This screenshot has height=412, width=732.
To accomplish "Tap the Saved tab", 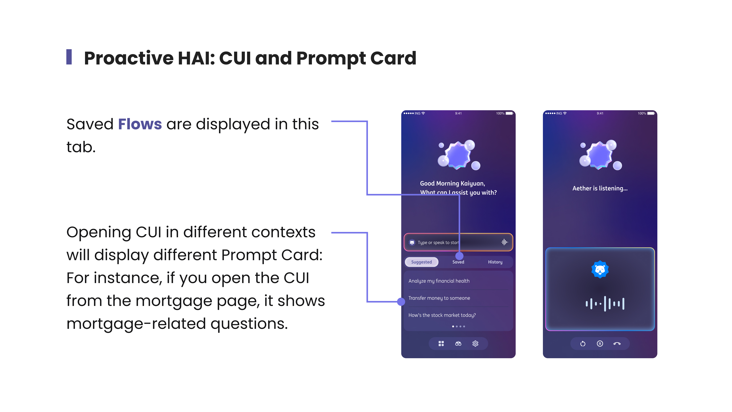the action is [458, 262].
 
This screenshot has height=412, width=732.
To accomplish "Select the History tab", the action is [495, 262].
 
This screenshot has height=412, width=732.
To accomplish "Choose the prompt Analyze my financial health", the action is [439, 281].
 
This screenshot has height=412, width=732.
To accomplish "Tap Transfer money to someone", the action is [439, 298].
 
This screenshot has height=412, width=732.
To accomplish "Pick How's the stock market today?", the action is [442, 315].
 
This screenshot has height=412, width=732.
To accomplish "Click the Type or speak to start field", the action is [458, 242].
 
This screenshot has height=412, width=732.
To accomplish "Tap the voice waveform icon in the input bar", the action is [504, 242].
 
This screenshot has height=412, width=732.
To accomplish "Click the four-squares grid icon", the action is [441, 344].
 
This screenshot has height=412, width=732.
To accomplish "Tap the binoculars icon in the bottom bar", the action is [458, 344].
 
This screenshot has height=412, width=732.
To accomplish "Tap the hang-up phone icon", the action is [617, 344].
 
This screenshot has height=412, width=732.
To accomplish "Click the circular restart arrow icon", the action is [583, 344].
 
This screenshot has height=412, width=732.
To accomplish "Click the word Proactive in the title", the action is [129, 58].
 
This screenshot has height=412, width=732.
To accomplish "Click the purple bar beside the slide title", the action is [69, 57].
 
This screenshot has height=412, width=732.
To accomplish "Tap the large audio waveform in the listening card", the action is [605, 304].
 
